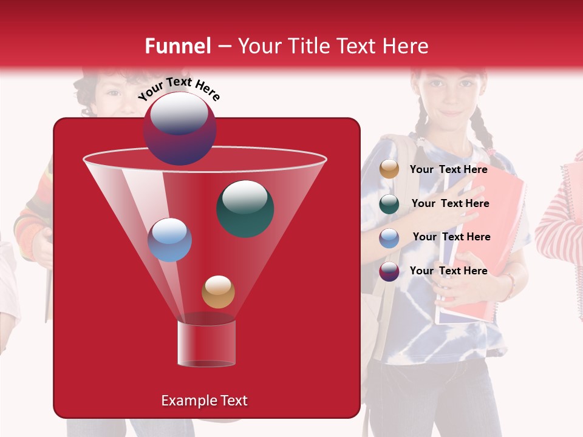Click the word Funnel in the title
pyautogui.click(x=177, y=46)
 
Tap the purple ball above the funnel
pyautogui.click(x=179, y=129)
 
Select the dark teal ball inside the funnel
pyautogui.click(x=245, y=208)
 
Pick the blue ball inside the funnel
pyautogui.click(x=169, y=240)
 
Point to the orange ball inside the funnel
pyautogui.click(x=218, y=292)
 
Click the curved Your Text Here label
pyautogui.click(x=179, y=89)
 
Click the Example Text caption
pyautogui.click(x=204, y=401)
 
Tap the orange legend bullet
pyautogui.click(x=389, y=169)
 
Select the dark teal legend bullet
pyautogui.click(x=389, y=204)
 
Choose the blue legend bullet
pyautogui.click(x=389, y=238)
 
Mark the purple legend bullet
pyautogui.click(x=389, y=271)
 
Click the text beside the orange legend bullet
pyautogui.click(x=448, y=169)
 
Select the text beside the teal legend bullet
pyautogui.click(x=450, y=203)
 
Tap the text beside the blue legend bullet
pyautogui.click(x=451, y=237)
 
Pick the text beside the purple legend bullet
pyautogui.click(x=448, y=271)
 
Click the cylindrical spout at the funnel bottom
pyautogui.click(x=206, y=344)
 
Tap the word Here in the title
pyautogui.click(x=404, y=46)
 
